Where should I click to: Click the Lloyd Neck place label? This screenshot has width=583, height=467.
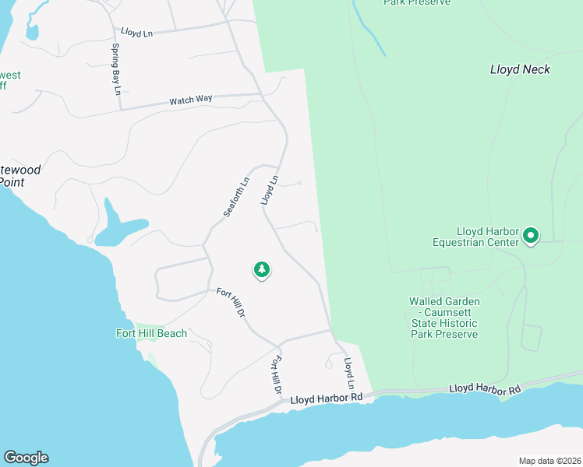tap(520, 69)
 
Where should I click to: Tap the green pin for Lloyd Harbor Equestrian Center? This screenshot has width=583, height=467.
tap(531, 234)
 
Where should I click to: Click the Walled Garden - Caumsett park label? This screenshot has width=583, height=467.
tap(443, 318)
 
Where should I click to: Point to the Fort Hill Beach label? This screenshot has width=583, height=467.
tap(153, 333)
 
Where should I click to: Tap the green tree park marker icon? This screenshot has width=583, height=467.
tap(262, 269)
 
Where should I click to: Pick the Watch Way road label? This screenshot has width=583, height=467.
tap(191, 100)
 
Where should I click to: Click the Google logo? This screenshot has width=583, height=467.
tap(26, 458)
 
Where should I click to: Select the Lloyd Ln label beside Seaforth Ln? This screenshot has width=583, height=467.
tap(270, 191)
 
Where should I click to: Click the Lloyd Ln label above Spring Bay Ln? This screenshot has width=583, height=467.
tap(136, 32)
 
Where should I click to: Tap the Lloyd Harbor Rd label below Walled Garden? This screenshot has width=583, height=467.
tap(484, 388)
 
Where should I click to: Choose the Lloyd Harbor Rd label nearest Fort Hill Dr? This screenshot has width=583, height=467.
tap(327, 398)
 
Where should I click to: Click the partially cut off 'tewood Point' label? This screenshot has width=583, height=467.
tap(19, 175)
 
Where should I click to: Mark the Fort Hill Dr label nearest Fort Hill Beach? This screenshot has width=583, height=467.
tap(231, 302)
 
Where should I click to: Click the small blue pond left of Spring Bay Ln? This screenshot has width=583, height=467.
tap(31, 33)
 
